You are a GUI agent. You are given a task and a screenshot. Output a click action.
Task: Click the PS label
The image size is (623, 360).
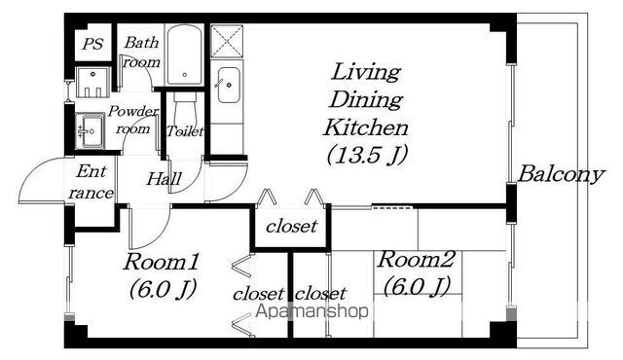[x=93, y=43]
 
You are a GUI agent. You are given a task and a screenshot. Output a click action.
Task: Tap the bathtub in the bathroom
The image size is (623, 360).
[x=184, y=54]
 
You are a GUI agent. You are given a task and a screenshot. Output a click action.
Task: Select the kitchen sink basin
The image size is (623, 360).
[x=229, y=86]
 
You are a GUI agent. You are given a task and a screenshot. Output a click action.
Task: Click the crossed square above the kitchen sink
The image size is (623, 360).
[x=227, y=41]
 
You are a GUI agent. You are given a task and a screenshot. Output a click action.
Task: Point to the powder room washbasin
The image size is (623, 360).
[x=91, y=130]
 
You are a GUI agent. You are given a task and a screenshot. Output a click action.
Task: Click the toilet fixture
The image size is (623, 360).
[x=186, y=109]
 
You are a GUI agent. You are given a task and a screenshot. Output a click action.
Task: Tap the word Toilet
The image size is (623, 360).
[x=185, y=130]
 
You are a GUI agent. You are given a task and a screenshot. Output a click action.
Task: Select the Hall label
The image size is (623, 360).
[x=164, y=179]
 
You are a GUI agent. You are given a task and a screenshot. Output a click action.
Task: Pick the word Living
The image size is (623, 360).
[x=366, y=73]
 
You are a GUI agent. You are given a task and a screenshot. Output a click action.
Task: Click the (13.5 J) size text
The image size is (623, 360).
[x=367, y=155]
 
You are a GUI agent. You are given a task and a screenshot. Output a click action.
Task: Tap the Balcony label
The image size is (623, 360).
[x=561, y=174]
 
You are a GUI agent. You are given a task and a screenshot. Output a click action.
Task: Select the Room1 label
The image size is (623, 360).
[x=161, y=263]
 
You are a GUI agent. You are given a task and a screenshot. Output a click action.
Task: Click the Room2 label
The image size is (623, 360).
[x=416, y=260]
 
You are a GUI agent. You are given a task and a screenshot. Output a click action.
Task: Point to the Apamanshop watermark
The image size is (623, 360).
[x=311, y=311]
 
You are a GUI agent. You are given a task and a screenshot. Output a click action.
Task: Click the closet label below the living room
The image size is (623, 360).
[x=292, y=227]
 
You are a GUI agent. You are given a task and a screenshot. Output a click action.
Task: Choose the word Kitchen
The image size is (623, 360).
[x=366, y=127]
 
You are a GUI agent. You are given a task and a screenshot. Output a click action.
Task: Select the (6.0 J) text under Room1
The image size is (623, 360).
[x=163, y=289]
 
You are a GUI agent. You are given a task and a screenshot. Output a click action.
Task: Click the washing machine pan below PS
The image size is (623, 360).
[x=92, y=82]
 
